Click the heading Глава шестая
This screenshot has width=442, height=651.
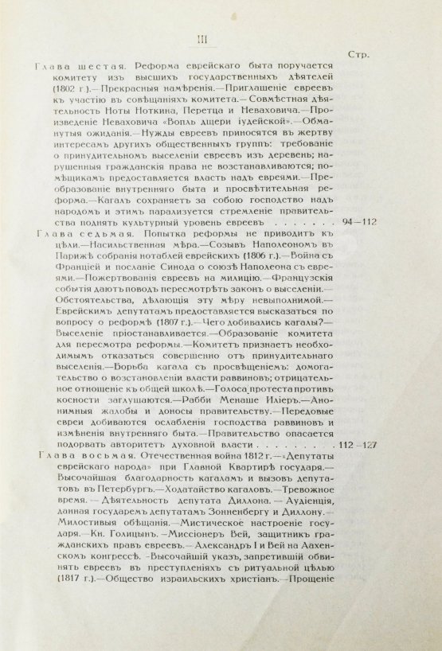(59, 68)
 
